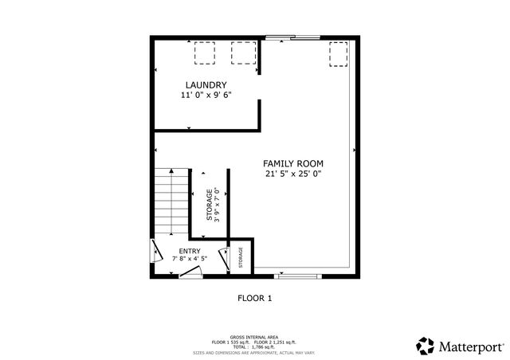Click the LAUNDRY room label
(x=206, y=85)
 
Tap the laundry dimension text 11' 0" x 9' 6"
(x=206, y=96)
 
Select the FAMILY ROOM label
(x=294, y=162)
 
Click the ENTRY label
(x=178, y=251)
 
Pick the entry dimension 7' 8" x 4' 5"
(x=178, y=259)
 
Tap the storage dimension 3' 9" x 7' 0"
(x=216, y=205)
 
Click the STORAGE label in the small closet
(x=241, y=258)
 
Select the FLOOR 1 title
(x=255, y=299)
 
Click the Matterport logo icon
(x=425, y=346)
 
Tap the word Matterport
(x=470, y=346)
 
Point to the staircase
(x=172, y=203)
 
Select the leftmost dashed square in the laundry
(x=206, y=53)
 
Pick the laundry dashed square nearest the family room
(x=242, y=53)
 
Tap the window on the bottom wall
(x=298, y=276)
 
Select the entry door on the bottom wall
(x=189, y=272)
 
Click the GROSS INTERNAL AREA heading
(x=254, y=337)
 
